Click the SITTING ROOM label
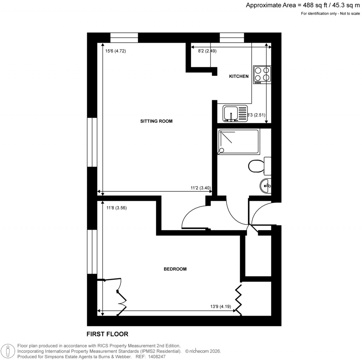pos(156,121)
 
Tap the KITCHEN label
pos(239,76)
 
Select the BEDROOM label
pos(175,269)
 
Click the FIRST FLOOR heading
pos(107,334)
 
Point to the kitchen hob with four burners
pos(262,75)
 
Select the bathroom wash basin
pos(265,185)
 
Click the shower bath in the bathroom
pos(239,141)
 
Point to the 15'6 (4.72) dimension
pos(116,51)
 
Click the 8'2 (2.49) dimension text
pos(207,51)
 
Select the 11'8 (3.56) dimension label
pos(116,208)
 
